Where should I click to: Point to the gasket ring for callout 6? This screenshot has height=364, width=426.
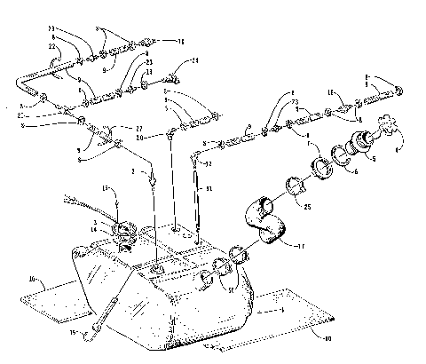340,157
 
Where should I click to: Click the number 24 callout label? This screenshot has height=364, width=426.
194,61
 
